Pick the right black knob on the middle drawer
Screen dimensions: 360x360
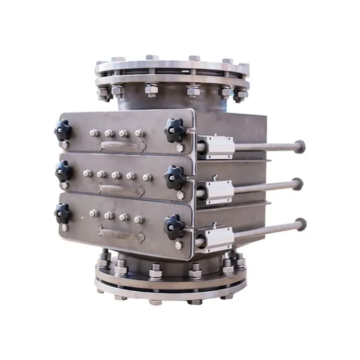click(175, 176)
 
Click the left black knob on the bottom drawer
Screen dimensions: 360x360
click(63, 213)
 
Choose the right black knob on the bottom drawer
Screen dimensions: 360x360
click(175, 225)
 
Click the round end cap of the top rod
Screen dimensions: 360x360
click(299, 146)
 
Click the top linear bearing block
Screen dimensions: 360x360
click(217, 146)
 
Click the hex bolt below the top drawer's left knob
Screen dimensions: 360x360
click(64, 145)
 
